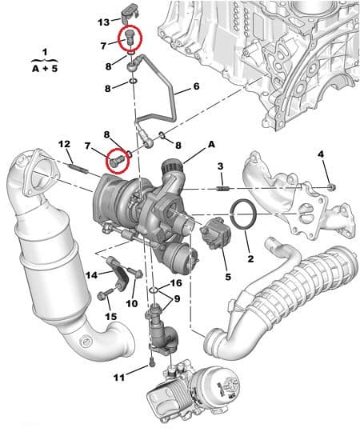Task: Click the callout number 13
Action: pyautogui.click(x=104, y=22)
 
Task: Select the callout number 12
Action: pyautogui.click(x=64, y=144)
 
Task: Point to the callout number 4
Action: pyautogui.click(x=320, y=154)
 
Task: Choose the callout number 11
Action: pyautogui.click(x=118, y=378)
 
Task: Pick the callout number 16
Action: pyautogui.click(x=175, y=283)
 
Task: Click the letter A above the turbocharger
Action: pyautogui.click(x=211, y=145)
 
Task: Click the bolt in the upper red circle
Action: pyautogui.click(x=127, y=37)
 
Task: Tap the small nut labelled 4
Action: pyautogui.click(x=332, y=186)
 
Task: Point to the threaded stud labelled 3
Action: pyautogui.click(x=223, y=189)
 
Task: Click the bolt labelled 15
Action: pyautogui.click(x=103, y=297)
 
